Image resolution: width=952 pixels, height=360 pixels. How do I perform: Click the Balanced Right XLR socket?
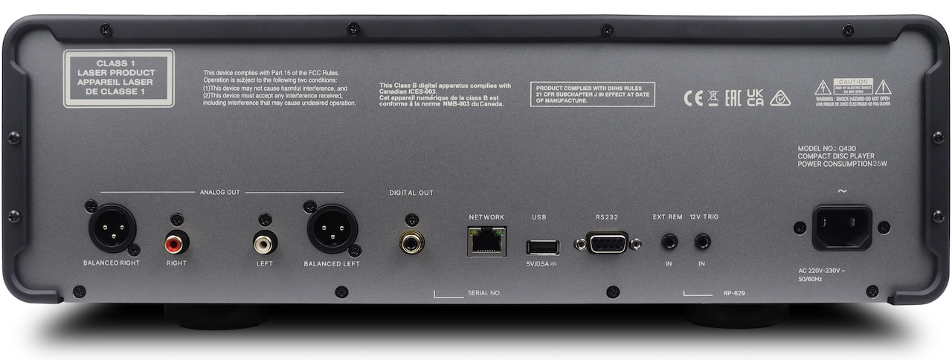pyautogui.click(x=112, y=228)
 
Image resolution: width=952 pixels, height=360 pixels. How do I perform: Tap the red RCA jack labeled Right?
pyautogui.click(x=177, y=242)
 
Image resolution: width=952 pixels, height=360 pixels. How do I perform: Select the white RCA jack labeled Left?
pyautogui.click(x=265, y=242)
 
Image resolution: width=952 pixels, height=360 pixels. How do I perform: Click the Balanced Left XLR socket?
pyautogui.click(x=331, y=228)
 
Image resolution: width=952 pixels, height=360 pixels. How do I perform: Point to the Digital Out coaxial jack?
pyautogui.click(x=411, y=242)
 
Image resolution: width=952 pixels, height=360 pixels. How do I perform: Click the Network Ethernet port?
pyautogui.click(x=486, y=242)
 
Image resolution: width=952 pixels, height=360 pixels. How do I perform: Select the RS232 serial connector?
pyautogui.click(x=606, y=242)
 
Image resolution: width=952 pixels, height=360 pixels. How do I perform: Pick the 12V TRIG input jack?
pyautogui.click(x=702, y=242)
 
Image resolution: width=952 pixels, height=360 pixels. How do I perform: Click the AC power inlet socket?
pyautogui.click(x=842, y=227)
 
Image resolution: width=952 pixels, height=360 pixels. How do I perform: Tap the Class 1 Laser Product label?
pyautogui.click(x=118, y=78)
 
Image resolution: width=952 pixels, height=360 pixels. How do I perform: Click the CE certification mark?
pyautogui.click(x=692, y=98)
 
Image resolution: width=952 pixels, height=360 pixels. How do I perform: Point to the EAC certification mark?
pyautogui.click(x=733, y=98)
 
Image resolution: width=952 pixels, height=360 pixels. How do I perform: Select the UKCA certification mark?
pyautogui.click(x=755, y=97)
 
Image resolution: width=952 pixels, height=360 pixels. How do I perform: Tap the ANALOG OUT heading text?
pyautogui.click(x=220, y=193)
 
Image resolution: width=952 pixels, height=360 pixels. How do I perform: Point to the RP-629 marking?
pyautogui.click(x=734, y=294)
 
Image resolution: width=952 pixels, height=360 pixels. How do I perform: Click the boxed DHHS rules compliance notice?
pyautogui.click(x=593, y=94)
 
